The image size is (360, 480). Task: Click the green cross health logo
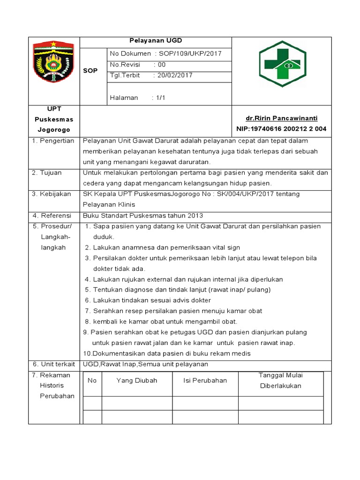[x=282, y=64]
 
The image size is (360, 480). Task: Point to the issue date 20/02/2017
[x=175, y=75]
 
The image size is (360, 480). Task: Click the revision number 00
[x=162, y=65]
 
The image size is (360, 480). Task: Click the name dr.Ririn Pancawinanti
[x=282, y=119]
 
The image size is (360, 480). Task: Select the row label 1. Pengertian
[x=53, y=141]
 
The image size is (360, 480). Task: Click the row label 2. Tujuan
[x=46, y=172]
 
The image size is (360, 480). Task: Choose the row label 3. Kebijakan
[x=51, y=194]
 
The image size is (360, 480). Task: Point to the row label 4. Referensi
[x=51, y=216]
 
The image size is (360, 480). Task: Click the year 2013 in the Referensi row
[x=195, y=216]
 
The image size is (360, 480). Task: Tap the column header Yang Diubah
[x=137, y=380]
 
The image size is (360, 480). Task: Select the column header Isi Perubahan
[x=205, y=380]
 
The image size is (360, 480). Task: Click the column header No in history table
[x=92, y=380]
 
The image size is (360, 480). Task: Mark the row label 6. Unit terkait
[x=53, y=364]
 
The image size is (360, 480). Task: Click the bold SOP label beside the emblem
[x=90, y=71]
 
